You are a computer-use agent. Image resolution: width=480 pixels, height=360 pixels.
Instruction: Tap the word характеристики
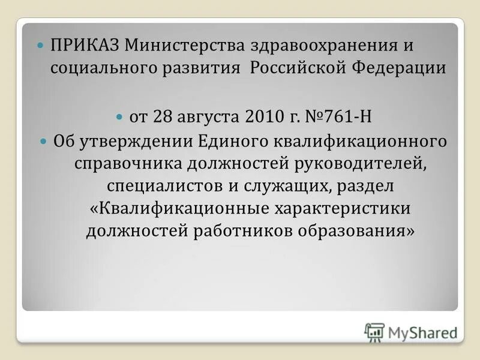343,208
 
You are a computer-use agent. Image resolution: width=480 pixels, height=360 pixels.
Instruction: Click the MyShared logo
410,332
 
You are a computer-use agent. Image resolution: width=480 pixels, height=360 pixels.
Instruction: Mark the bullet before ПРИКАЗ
41,46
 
